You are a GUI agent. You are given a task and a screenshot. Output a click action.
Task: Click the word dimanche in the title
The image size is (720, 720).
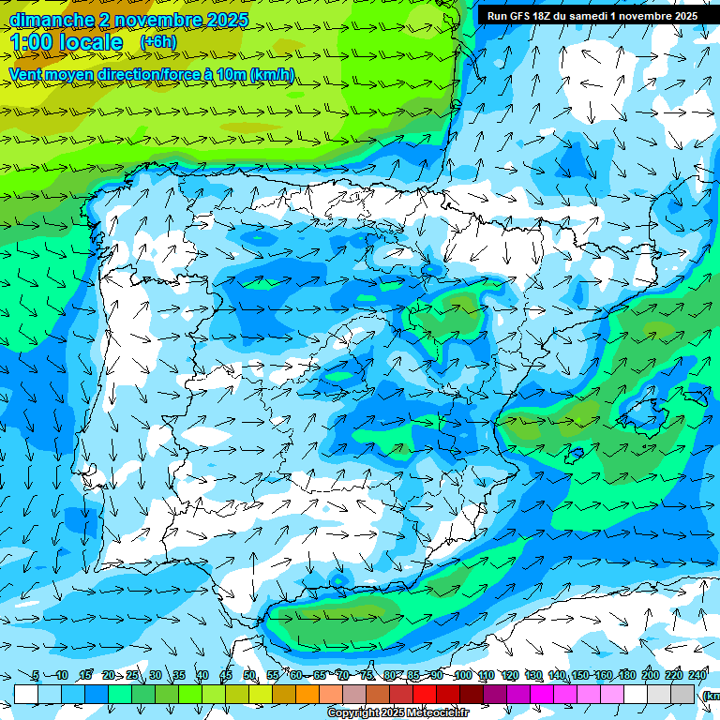coord(52,20)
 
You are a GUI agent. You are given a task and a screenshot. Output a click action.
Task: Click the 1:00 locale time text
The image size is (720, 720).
coord(67,42)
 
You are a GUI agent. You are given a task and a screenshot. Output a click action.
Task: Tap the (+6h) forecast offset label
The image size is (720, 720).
coord(157,41)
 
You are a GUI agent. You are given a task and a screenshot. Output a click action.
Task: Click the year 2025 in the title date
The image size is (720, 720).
coord(223,20)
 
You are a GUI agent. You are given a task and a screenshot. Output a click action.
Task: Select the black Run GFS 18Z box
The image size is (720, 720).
coord(592,15)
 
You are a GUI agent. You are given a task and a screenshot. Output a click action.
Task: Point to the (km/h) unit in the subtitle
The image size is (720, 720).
coord(273,75)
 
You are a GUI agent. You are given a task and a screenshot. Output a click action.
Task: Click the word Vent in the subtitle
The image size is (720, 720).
coord(25,75)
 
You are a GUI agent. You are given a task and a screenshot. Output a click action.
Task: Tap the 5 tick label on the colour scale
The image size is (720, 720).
coord(36,676)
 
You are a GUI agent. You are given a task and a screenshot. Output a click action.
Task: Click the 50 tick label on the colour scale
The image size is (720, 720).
coord(249,676)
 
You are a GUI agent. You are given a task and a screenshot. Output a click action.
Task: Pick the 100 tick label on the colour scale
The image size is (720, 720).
coord(462,676)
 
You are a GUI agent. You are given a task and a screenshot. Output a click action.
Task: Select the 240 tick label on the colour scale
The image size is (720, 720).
coord(697,676)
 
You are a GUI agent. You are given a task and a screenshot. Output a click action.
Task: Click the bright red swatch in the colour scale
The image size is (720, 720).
coord(425,694)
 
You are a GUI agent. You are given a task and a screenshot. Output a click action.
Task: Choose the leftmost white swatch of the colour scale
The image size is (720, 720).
coord(26,694)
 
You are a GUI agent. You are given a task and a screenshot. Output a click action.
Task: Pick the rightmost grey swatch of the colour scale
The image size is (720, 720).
coord(683,694)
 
